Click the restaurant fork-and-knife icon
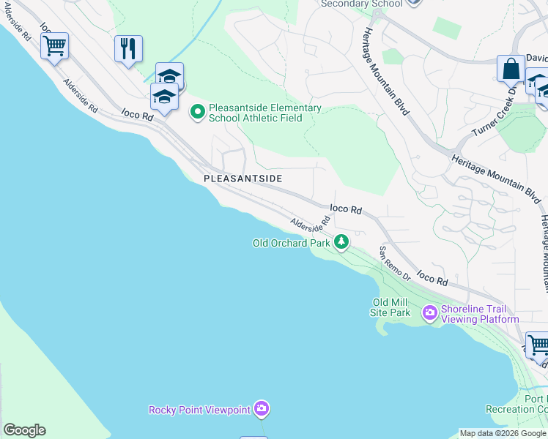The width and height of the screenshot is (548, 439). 128,49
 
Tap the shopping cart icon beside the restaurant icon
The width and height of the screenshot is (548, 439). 54,46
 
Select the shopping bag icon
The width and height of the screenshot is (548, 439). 511,69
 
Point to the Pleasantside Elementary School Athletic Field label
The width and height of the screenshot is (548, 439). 264,113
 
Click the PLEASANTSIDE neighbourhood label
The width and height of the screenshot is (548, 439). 242,179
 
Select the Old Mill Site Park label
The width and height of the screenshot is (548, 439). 391,307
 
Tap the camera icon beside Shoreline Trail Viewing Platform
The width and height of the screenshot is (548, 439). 430,313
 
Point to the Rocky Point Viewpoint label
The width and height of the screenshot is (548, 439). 199,409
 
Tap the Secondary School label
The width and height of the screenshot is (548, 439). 361,4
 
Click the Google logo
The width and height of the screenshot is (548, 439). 24,430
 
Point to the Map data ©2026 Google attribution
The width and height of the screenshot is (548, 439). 503,433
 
